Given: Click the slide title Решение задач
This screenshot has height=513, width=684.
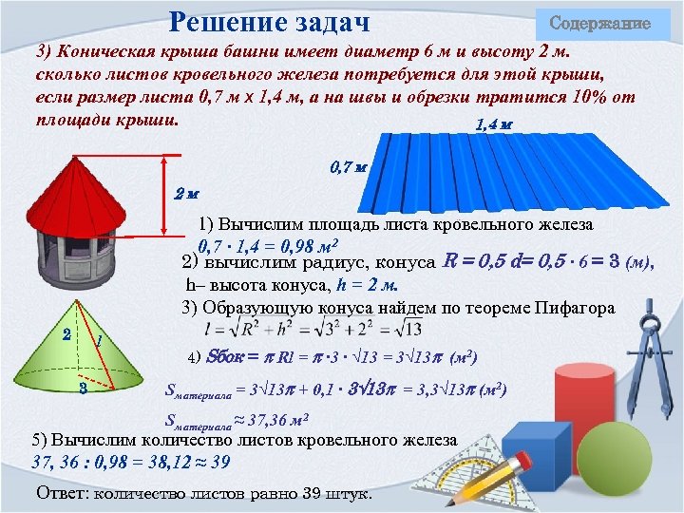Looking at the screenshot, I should pyautogui.click(x=269, y=21).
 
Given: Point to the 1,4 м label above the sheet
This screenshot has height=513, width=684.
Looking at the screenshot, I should pyautogui.click(x=493, y=125).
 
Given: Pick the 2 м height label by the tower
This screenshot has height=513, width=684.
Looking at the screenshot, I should pyautogui.click(x=186, y=194).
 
